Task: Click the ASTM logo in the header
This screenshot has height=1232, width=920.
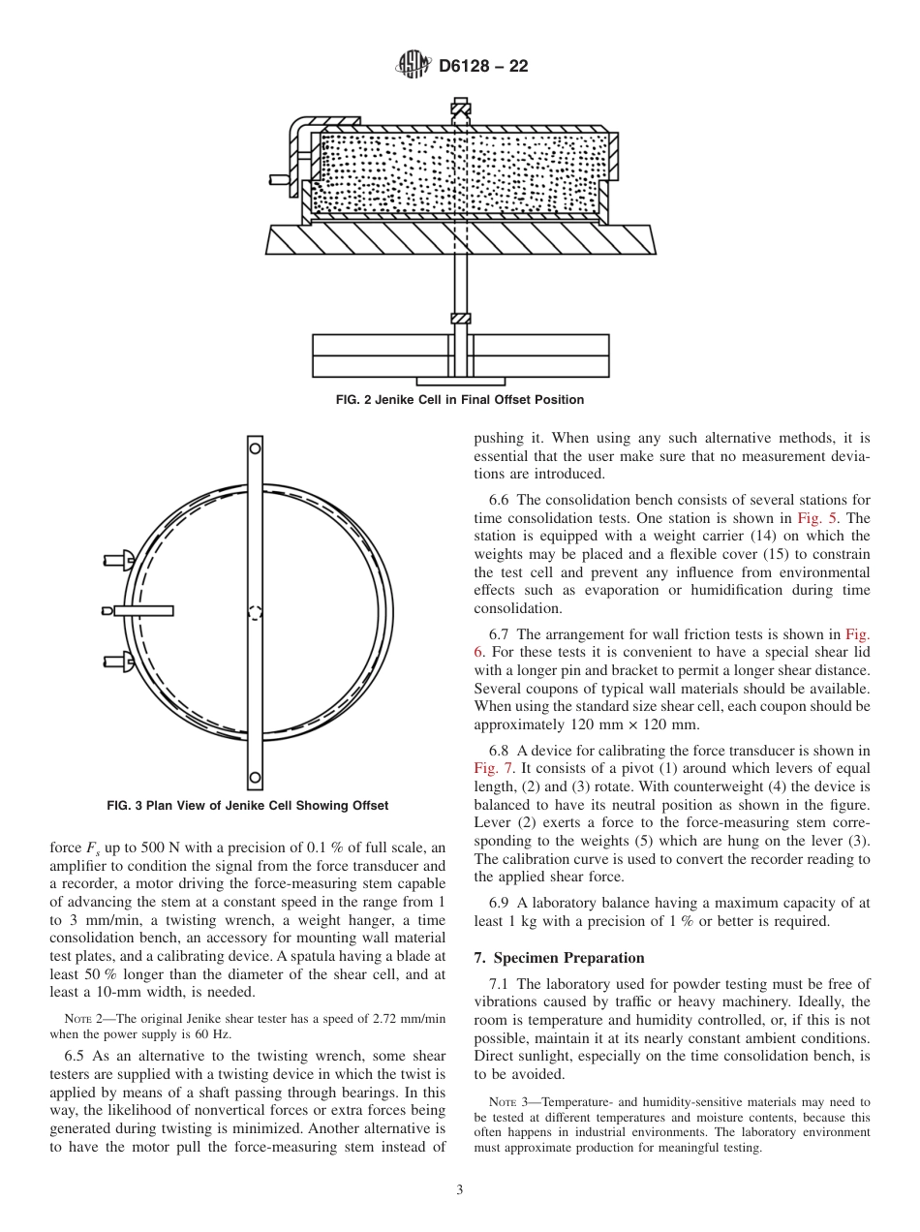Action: pos(414,67)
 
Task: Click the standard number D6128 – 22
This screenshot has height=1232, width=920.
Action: pos(483,67)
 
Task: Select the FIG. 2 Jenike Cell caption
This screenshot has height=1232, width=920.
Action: pos(460,400)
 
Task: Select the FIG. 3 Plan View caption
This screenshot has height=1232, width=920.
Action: pos(247,806)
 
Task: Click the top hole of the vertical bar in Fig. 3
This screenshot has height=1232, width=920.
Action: pos(255,447)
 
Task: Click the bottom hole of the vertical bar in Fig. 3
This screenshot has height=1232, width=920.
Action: pos(255,777)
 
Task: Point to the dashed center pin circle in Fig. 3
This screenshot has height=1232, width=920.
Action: pos(255,612)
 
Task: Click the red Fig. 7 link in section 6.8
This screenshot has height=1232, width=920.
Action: pos(491,768)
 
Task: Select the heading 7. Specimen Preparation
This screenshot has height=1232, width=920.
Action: pos(559,958)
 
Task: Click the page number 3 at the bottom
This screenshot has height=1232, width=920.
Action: pos(460,1190)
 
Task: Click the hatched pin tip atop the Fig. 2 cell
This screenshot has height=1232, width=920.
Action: pos(461,109)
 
